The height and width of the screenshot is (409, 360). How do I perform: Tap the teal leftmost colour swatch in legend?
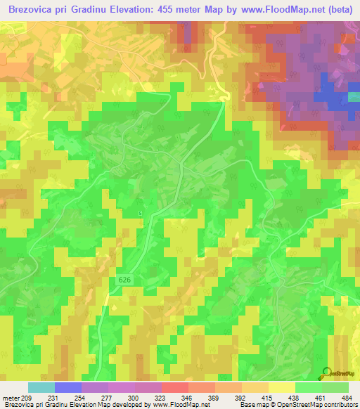41,387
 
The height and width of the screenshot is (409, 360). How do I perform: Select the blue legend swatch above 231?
68,387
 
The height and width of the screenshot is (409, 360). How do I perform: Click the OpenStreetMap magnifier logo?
326,374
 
